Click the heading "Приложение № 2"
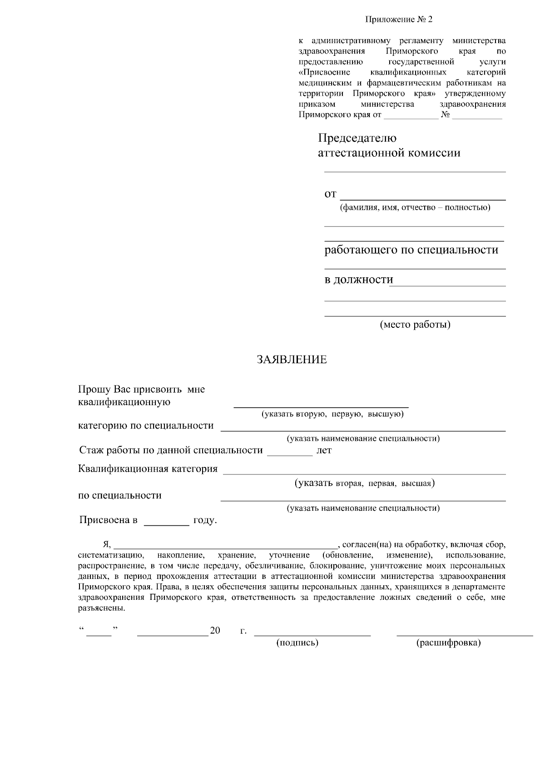click(399, 20)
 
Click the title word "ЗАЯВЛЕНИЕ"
click(292, 360)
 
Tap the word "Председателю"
click(357, 138)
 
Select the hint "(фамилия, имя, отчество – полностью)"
click(415, 208)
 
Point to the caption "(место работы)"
click(415, 325)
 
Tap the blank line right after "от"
click(423, 198)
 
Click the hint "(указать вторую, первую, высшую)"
click(332, 414)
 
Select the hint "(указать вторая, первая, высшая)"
click(365, 484)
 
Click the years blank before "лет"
click(290, 453)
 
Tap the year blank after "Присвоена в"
click(166, 524)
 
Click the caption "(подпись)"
click(297, 643)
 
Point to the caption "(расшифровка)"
click(448, 643)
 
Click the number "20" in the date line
click(215, 630)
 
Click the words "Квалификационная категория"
click(148, 469)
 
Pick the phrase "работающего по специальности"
click(411, 250)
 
